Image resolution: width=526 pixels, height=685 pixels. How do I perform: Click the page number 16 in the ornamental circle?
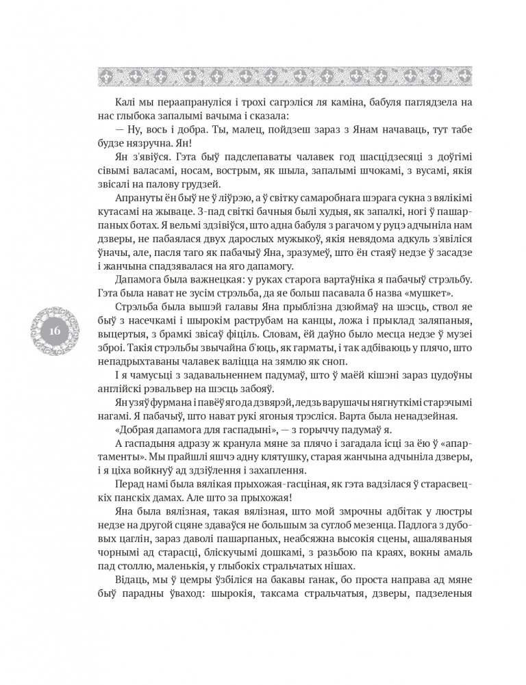point(55,331)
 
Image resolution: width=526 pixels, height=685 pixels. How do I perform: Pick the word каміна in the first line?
point(360,101)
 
